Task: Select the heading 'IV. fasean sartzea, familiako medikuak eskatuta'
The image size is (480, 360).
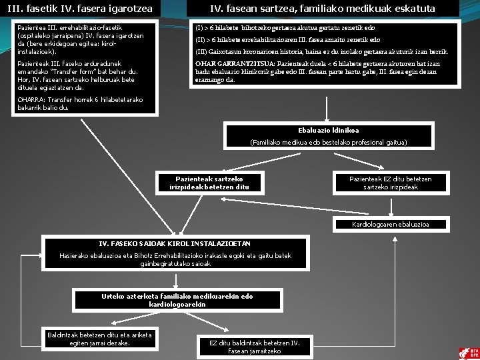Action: pos(323,9)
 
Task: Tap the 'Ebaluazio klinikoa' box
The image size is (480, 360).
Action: pos(328,130)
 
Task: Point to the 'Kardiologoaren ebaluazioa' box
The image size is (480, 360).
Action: pos(391,224)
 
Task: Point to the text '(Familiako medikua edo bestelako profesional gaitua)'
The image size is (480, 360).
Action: pos(328,142)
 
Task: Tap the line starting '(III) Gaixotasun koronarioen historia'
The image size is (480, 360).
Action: pos(321,52)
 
